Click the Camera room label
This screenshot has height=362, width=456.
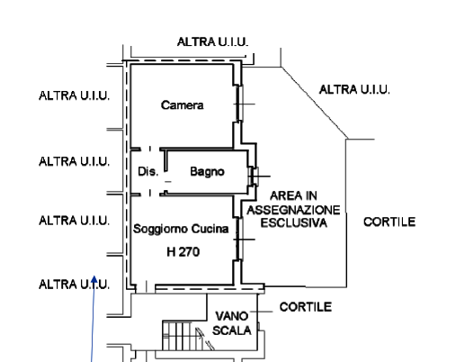tap(183, 105)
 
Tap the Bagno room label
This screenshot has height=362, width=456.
tap(207, 172)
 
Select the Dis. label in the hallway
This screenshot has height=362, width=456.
tap(148, 171)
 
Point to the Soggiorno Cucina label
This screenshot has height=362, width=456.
tap(181, 229)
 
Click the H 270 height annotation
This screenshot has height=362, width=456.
tap(183, 252)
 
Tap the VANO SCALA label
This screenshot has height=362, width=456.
tap(232, 323)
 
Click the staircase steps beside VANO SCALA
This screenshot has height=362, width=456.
tap(188, 335)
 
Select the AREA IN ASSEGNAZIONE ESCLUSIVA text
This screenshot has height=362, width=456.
tap(293, 210)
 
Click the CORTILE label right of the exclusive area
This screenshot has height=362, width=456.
tap(389, 222)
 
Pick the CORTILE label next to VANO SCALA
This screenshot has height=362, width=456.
tap(306, 307)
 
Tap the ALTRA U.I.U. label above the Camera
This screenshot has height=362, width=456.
tap(213, 42)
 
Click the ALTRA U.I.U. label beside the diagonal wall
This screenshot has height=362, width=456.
tap(354, 90)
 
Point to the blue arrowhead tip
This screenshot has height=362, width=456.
tap(94, 276)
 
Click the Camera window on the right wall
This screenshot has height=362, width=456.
tap(240, 104)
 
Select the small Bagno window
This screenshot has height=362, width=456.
tap(255, 176)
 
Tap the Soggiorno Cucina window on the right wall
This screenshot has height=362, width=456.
tap(239, 240)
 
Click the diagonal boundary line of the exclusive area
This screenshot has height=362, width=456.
tap(314, 103)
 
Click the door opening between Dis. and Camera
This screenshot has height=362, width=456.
tap(150, 149)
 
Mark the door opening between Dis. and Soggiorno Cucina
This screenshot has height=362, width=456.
tap(150, 194)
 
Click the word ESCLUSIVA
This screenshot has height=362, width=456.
tap(293, 223)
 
